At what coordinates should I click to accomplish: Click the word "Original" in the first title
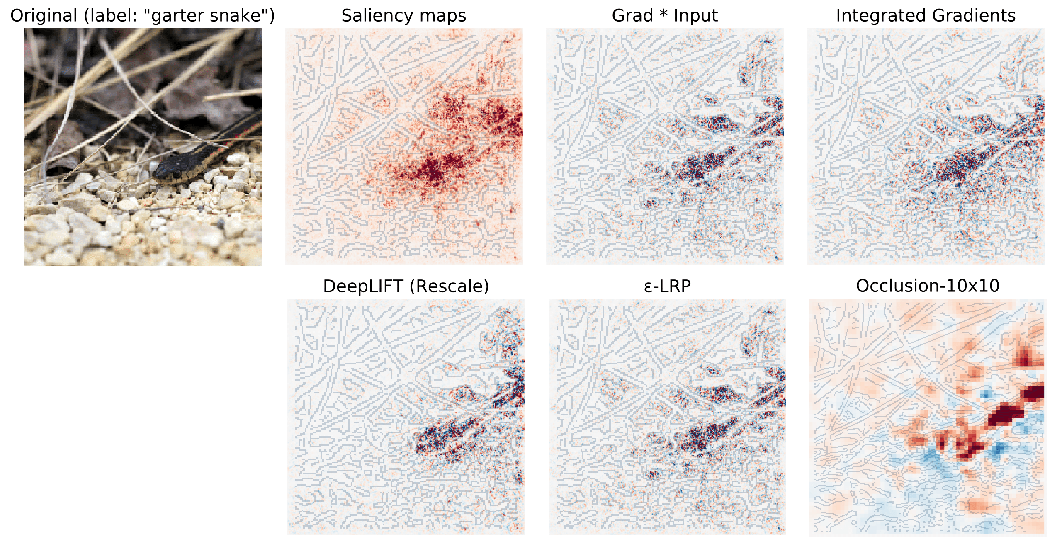(44, 16)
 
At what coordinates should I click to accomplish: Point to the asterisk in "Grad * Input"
(663, 14)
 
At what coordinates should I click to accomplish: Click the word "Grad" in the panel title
(632, 16)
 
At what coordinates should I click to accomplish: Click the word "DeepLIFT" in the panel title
(363, 286)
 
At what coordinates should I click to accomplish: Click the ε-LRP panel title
(667, 286)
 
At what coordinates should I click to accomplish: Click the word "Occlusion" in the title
(898, 286)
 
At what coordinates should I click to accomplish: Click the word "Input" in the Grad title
(695, 16)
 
